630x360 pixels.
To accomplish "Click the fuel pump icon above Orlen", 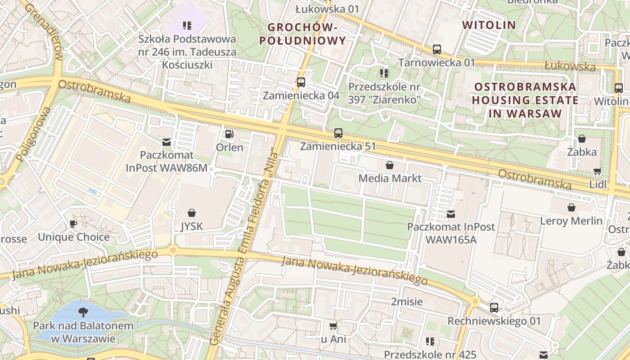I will click(229, 134).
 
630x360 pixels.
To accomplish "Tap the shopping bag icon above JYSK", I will click(192, 212).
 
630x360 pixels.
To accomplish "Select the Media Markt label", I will click(390, 178).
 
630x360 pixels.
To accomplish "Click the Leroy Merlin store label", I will click(571, 221).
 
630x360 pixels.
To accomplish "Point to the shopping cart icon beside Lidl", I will click(597, 171).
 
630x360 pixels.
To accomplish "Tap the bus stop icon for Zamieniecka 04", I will click(301, 82).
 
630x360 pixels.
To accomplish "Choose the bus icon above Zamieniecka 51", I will click(338, 133).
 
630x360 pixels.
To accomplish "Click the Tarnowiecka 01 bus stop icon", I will click(436, 49).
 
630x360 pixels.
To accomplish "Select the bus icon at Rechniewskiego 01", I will click(494, 308).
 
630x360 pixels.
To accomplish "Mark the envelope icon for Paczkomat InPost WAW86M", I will click(166, 142).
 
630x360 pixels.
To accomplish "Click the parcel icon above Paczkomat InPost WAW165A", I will click(450, 214).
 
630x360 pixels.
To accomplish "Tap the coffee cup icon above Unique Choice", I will click(73, 224).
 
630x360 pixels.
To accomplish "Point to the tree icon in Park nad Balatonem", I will click(83, 312).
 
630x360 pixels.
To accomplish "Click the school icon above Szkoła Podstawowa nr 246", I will click(187, 26).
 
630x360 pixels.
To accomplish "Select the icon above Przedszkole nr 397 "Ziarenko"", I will click(384, 73).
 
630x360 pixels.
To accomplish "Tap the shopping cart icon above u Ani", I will click(333, 326).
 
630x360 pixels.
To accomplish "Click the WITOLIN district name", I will click(489, 25).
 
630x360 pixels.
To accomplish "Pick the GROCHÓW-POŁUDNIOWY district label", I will click(303, 34).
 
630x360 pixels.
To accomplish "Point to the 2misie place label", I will click(406, 301).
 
